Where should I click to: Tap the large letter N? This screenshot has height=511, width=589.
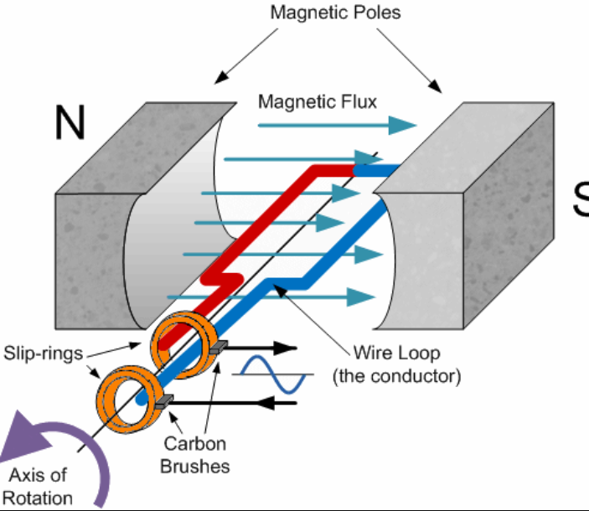coord(70,123)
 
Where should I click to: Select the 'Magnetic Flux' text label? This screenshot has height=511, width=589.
coord(318,101)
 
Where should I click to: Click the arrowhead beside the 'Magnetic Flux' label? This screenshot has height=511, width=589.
coord(401,125)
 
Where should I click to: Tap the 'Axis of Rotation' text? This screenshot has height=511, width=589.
coord(38,487)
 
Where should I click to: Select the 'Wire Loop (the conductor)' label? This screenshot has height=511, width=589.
coord(396,364)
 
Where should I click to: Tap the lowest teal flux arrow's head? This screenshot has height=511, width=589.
coord(361,297)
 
